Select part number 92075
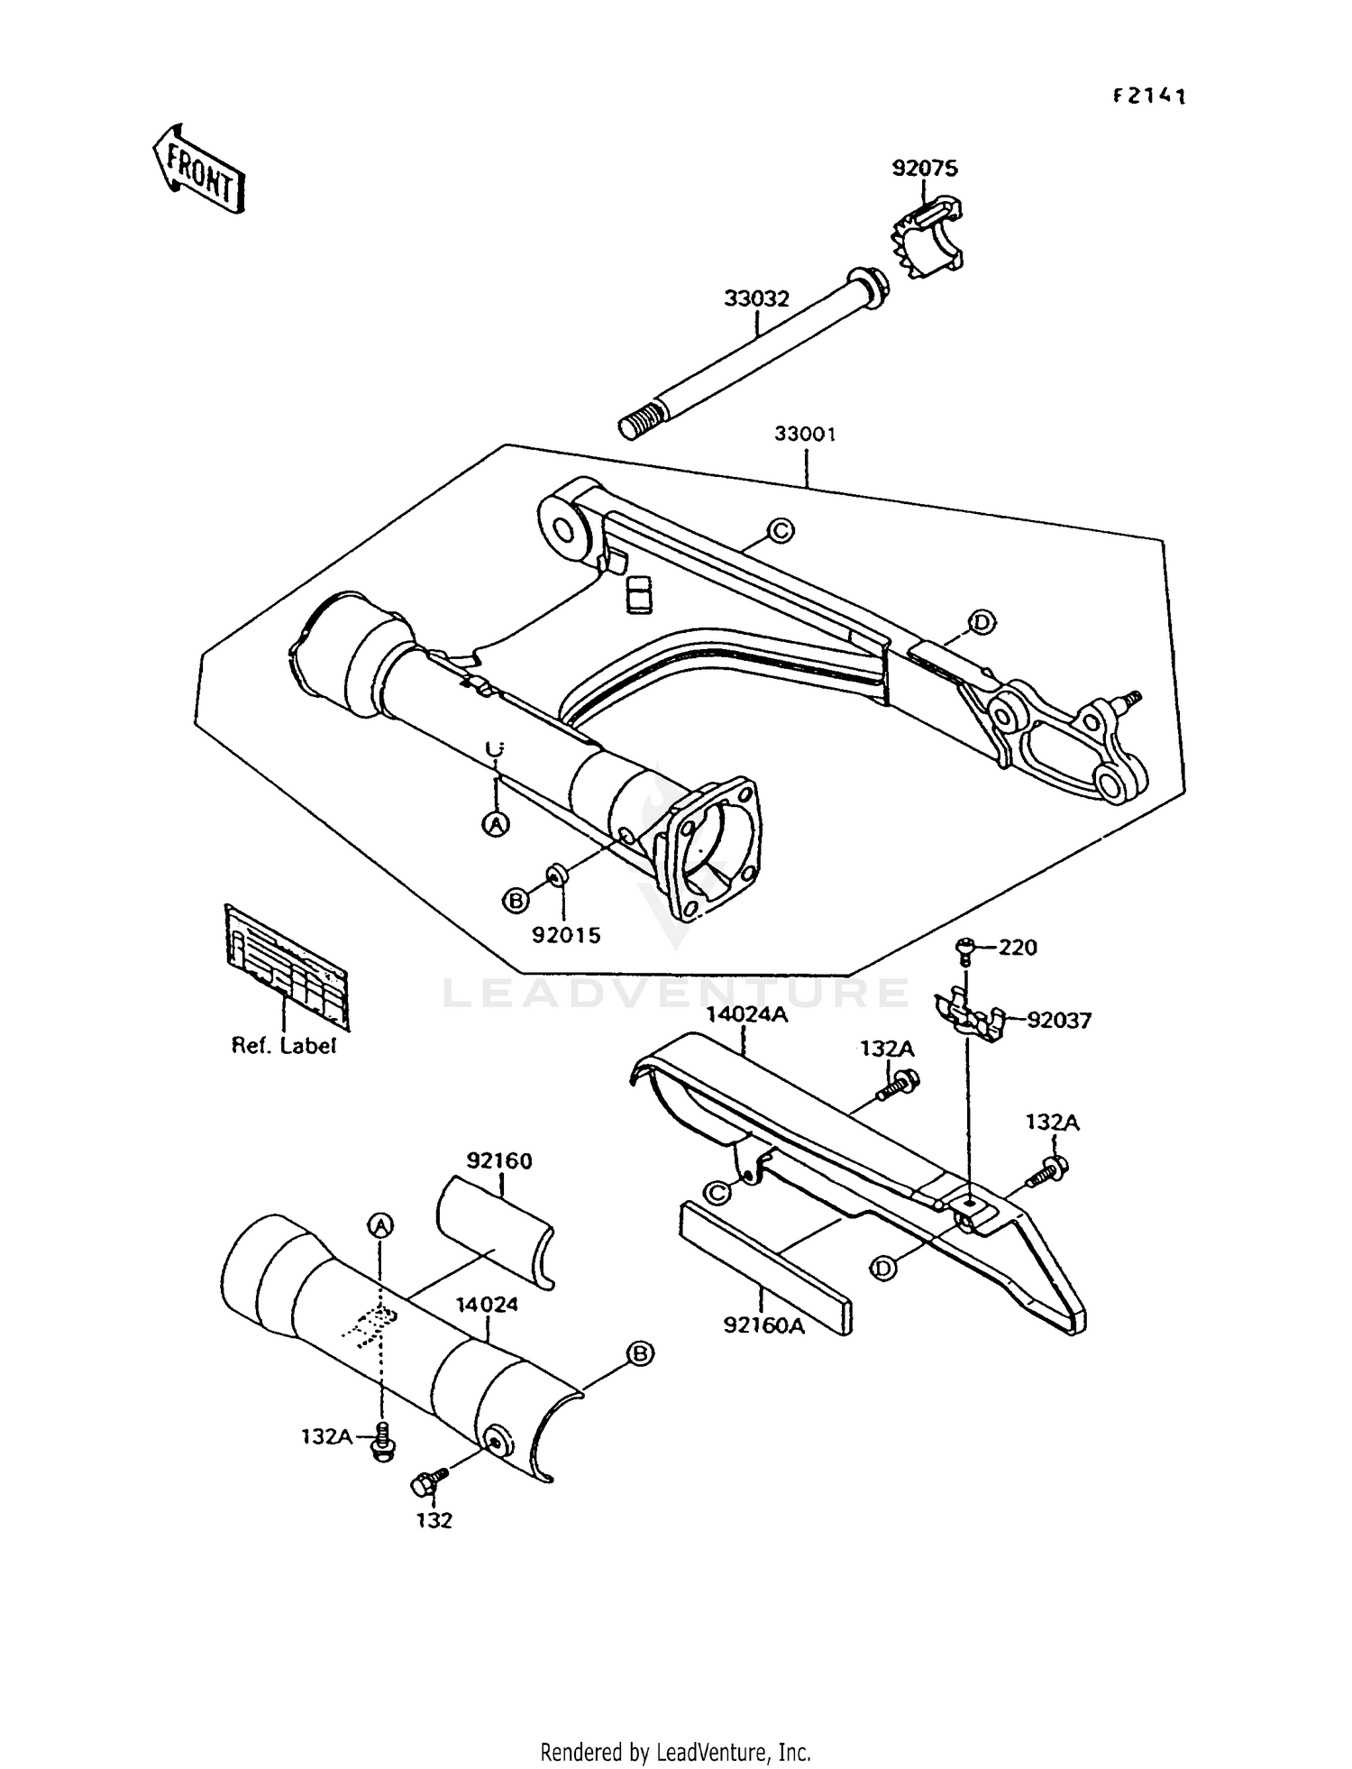(925, 169)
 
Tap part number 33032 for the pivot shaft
(756, 298)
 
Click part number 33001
(805, 435)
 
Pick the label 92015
(565, 936)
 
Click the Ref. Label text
(284, 1046)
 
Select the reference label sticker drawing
(286, 966)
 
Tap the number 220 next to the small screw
(1018, 948)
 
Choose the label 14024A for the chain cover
(746, 1014)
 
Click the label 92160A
(763, 1325)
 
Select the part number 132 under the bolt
(434, 1520)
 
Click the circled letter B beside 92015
(516, 900)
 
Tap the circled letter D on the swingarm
(981, 621)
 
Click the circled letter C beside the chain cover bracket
(717, 1193)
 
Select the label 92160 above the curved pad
(499, 1161)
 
